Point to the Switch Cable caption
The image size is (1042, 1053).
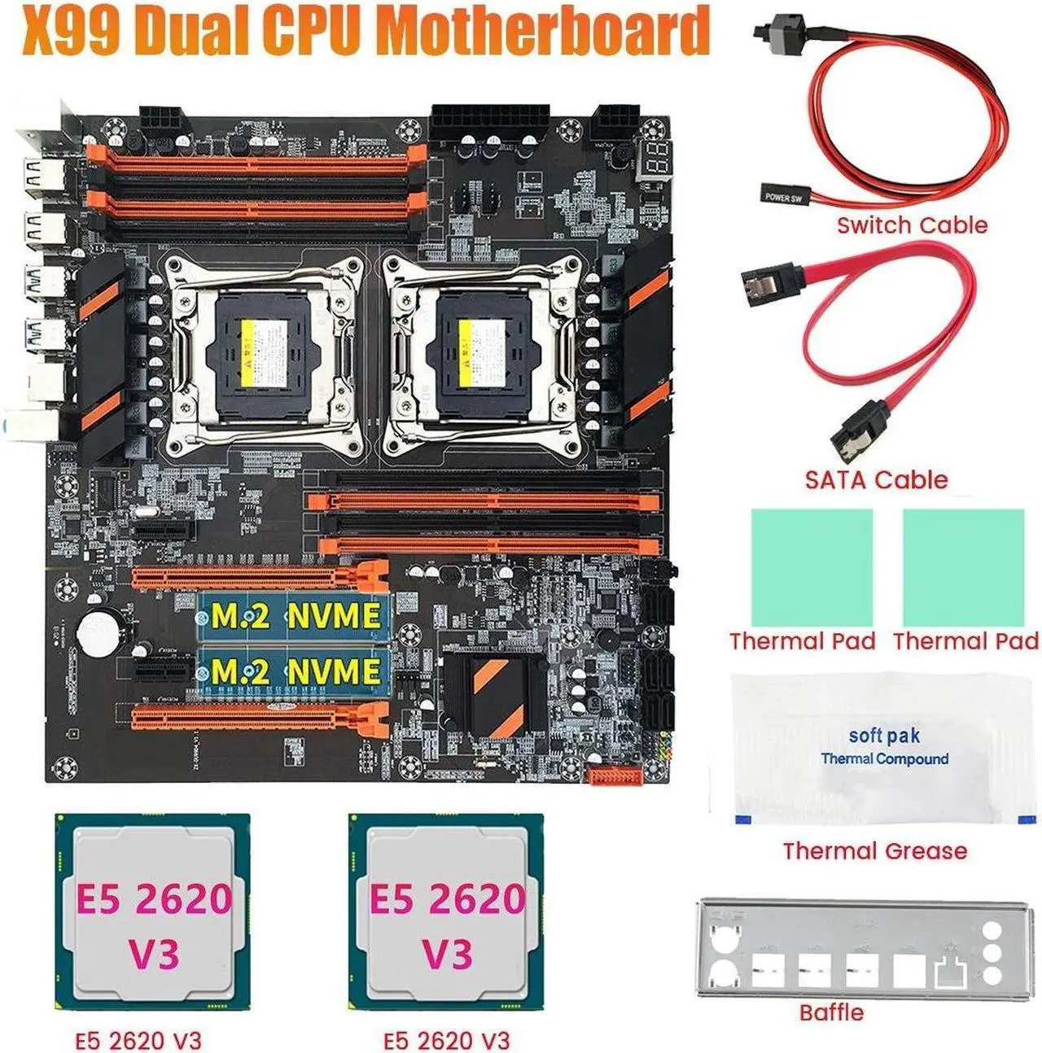tap(912, 225)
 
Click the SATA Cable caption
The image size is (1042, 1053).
tap(876, 479)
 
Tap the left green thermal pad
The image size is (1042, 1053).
tap(812, 566)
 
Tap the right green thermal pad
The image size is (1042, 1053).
tap(963, 566)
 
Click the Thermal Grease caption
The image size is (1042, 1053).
tap(875, 851)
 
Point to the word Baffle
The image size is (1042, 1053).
tap(831, 1012)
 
